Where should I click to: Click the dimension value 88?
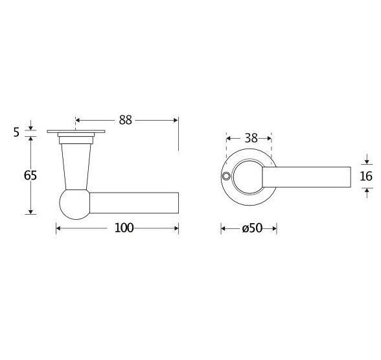(x=125, y=120)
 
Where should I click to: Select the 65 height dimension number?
(x=30, y=175)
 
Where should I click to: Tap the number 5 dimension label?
(x=16, y=132)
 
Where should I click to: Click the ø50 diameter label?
(x=249, y=228)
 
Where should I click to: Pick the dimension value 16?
(x=366, y=176)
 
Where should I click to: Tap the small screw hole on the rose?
(x=225, y=177)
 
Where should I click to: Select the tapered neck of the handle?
(x=75, y=165)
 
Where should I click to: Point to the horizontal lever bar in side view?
(x=133, y=202)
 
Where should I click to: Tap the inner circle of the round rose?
(x=249, y=176)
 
